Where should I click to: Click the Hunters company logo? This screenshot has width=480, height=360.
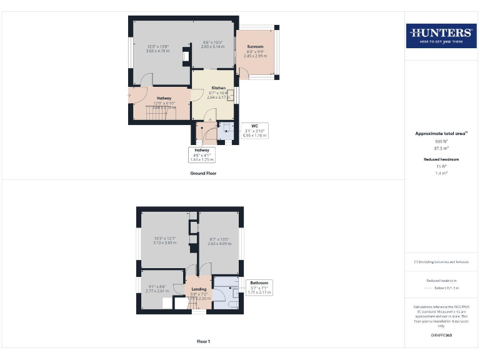pos(441,36)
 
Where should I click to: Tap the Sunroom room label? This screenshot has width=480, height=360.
pos(255,47)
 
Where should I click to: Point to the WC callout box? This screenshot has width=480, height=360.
pos(254,129)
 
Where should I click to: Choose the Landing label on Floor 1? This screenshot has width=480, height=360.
pos(199,289)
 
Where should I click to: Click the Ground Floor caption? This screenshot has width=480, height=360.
pos(203,173)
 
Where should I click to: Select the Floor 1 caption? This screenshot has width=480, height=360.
pos(203,342)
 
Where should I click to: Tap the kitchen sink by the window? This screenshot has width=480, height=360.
pos(232,95)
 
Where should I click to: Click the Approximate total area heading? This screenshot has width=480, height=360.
pos(441,134)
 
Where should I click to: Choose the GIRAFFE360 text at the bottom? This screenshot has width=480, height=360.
pos(441,336)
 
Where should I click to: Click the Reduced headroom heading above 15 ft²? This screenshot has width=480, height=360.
pos(441,159)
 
